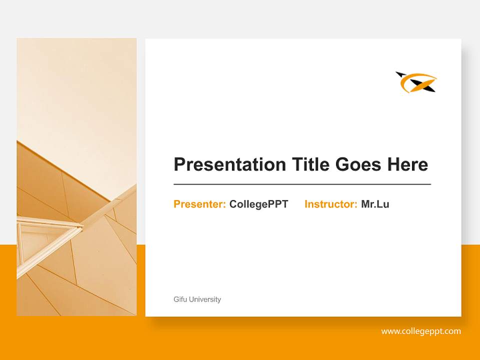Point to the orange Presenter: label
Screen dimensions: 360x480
point(199,204)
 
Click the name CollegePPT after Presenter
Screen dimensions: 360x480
point(258,204)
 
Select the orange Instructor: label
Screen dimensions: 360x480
point(330,204)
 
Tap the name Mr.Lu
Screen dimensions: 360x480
point(375,204)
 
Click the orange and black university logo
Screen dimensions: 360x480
point(416,82)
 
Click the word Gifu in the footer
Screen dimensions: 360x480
point(179,299)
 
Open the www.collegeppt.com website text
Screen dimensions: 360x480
point(421,331)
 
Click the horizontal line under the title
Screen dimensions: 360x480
point(302,184)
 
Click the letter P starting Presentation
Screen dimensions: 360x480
point(179,164)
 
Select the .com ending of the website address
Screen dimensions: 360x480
point(452,331)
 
